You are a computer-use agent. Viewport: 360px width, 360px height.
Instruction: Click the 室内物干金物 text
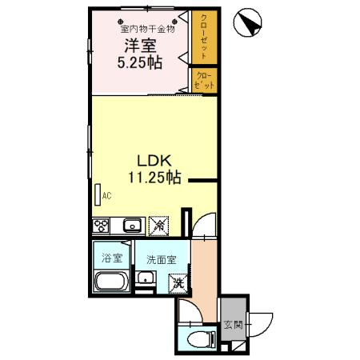[x=147, y=28]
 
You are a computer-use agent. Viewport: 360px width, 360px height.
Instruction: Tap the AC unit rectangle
[x=98, y=194]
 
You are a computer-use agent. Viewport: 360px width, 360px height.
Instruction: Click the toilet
[x=202, y=339]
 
